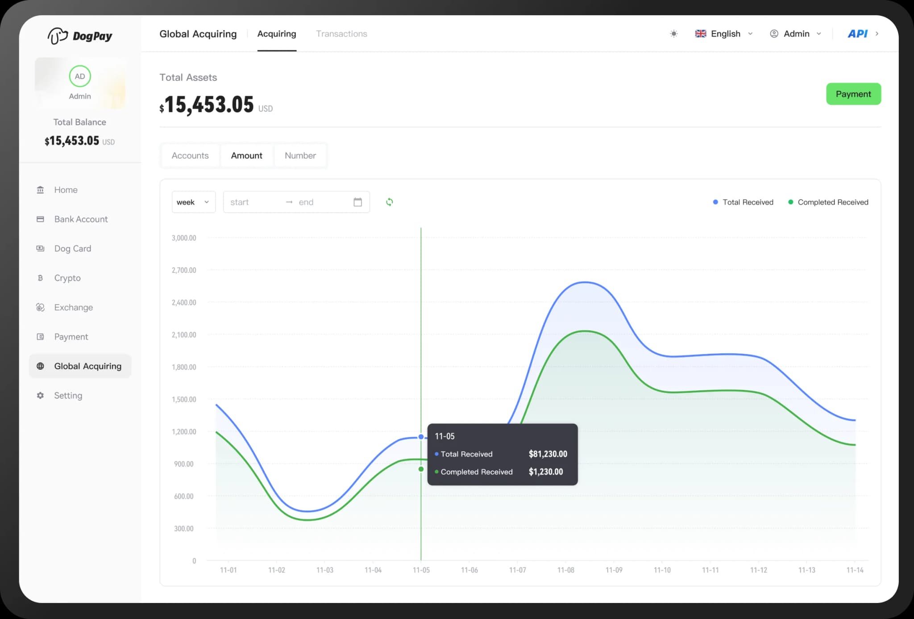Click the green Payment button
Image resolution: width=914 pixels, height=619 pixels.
click(853, 94)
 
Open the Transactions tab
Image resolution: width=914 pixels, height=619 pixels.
click(341, 34)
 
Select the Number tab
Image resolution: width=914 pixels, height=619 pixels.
click(300, 155)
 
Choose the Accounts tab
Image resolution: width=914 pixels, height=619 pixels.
click(190, 155)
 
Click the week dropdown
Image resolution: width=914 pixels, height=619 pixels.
click(193, 202)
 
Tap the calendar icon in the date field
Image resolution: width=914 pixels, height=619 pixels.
click(357, 202)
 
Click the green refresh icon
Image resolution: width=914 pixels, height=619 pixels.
click(390, 202)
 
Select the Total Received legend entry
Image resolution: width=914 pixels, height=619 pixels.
click(743, 202)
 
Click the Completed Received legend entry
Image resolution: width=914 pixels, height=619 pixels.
click(828, 202)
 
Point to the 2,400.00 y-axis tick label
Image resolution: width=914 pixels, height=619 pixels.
click(184, 302)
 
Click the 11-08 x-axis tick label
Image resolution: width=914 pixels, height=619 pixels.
click(565, 570)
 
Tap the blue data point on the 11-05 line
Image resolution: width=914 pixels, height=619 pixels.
click(421, 437)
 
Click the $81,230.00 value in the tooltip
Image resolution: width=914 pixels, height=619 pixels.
click(548, 454)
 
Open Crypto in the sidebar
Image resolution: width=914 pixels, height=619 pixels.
click(67, 278)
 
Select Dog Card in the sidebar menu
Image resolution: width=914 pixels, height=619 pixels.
click(72, 248)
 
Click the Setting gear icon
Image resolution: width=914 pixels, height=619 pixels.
click(40, 396)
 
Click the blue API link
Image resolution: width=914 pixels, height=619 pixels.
click(857, 34)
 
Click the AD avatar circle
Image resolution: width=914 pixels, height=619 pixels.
click(80, 76)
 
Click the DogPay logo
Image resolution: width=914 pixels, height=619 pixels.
click(80, 36)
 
